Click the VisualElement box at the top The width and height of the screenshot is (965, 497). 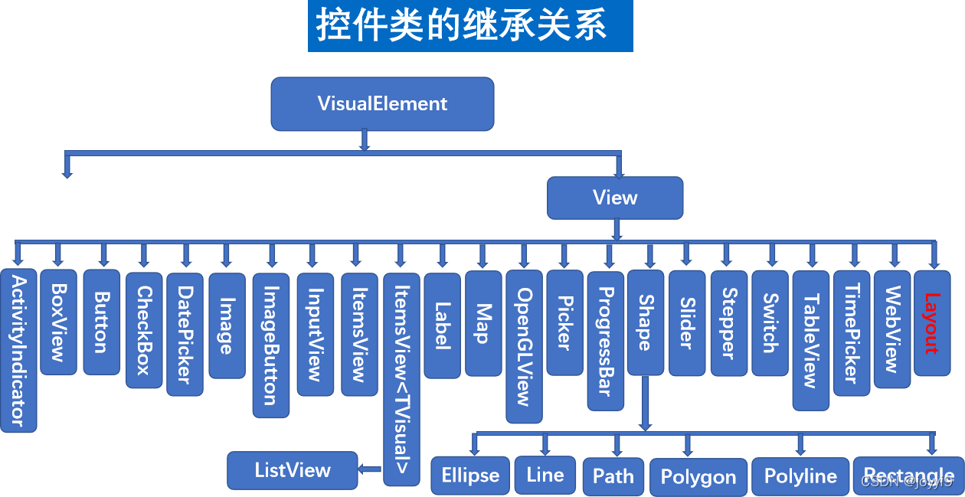click(382, 103)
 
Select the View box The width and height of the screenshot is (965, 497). click(614, 198)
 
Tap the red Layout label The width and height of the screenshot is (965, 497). click(931, 322)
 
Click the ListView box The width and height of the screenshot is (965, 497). click(293, 470)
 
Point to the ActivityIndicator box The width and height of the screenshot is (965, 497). click(18, 351)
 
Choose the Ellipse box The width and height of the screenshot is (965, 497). click(469, 476)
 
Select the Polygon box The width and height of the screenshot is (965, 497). click(698, 477)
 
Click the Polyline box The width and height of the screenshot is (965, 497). click(800, 476)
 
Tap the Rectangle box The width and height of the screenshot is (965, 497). click(908, 476)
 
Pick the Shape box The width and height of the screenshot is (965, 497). click(645, 322)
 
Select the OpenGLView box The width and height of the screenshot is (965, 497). click(524, 346)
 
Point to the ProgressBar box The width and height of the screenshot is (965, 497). click(605, 340)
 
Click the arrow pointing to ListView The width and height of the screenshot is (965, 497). click(371, 469)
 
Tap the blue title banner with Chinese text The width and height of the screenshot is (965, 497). click(470, 26)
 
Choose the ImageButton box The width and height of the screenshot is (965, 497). click(271, 345)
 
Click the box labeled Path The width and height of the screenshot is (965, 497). click(613, 476)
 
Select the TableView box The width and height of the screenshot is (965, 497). click(810, 340)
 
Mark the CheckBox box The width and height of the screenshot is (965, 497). click(144, 330)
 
